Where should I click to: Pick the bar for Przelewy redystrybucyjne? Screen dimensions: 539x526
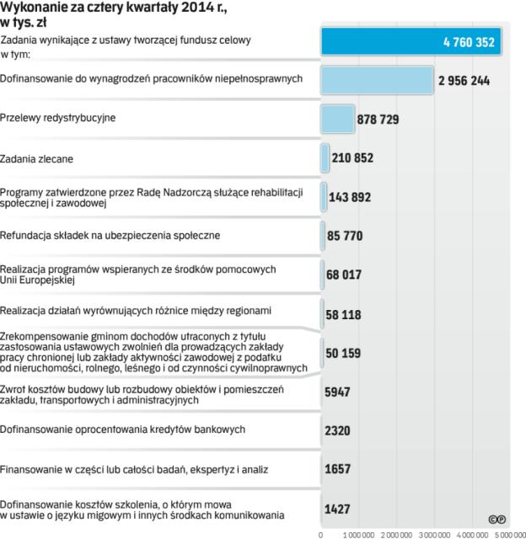[338, 119]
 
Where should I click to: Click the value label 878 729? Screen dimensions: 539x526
[378, 120]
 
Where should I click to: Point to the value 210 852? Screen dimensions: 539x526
[352, 157]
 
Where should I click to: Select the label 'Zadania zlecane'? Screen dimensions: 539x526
[39, 157]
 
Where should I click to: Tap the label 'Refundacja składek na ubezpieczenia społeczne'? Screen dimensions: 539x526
[110, 235]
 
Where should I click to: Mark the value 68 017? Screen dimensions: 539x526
[344, 275]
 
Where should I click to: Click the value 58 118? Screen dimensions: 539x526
[344, 313]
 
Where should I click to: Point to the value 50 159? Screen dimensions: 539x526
[344, 352]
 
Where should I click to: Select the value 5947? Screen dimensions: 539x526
[338, 392]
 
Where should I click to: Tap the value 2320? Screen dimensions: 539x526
[338, 430]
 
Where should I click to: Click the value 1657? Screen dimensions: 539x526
[338, 469]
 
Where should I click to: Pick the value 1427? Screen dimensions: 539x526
[338, 508]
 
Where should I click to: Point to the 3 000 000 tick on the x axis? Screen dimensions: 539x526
[433, 534]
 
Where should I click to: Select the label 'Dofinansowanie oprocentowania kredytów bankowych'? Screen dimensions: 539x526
[123, 430]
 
